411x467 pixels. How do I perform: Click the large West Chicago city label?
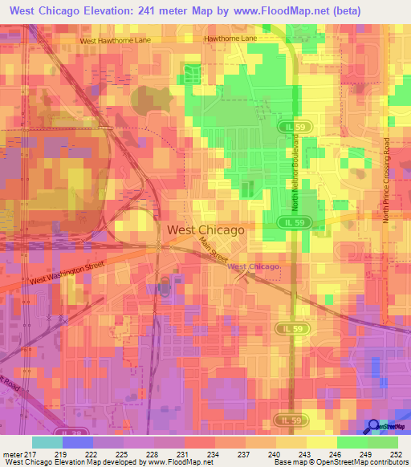click(x=205, y=229)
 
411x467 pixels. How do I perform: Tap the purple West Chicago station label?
click(x=254, y=266)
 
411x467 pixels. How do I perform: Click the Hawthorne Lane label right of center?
click(x=230, y=38)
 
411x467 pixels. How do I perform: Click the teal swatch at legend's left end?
click(x=47, y=442)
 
